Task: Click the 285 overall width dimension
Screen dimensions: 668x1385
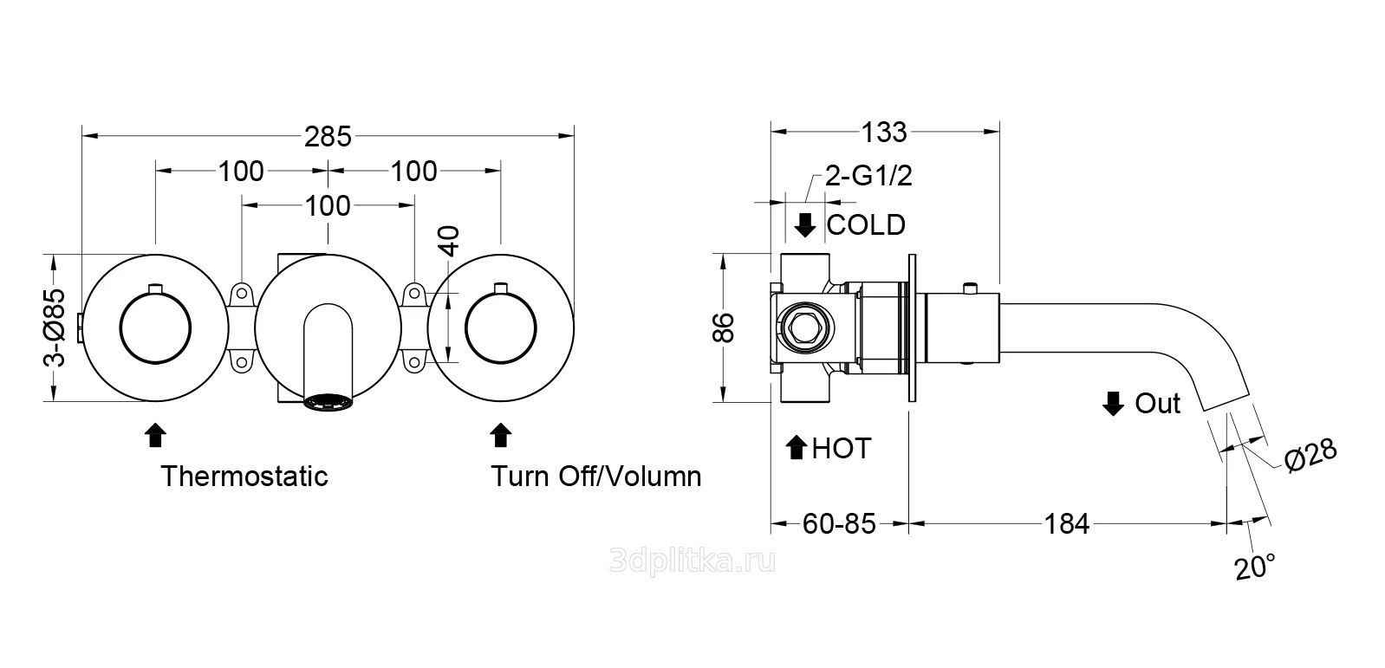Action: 328,136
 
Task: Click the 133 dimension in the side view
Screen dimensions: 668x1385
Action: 884,133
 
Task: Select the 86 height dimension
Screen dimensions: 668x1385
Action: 724,328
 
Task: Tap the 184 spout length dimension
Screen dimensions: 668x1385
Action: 1066,523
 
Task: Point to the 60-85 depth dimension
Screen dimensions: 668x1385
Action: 839,523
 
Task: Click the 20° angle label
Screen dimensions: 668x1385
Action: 1254,567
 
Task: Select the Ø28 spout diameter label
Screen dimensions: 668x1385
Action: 1310,454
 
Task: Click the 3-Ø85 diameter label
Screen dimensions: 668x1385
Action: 55,328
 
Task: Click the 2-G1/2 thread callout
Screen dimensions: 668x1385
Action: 868,177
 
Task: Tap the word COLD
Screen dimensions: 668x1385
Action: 866,225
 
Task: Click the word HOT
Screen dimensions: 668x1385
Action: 841,448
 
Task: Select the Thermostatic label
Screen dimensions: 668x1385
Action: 244,476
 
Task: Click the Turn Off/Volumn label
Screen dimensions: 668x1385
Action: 596,476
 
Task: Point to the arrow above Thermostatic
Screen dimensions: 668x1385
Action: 155,434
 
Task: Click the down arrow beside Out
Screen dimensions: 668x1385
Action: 1114,404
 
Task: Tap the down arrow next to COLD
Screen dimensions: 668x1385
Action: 805,225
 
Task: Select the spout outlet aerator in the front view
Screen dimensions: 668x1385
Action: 329,403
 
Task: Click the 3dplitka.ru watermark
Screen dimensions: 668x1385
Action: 692,561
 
